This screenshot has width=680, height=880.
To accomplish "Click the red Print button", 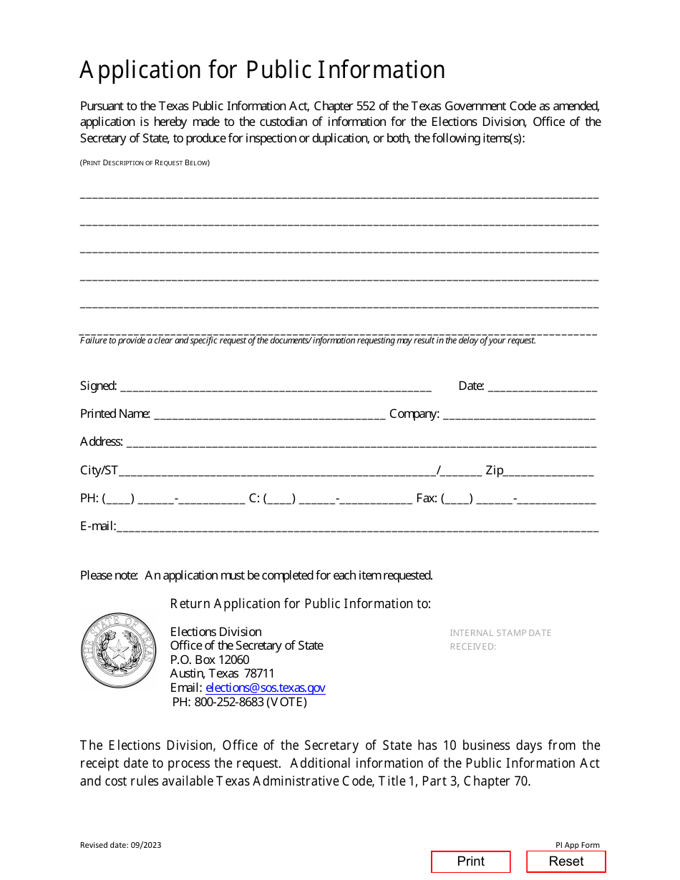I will [470, 861].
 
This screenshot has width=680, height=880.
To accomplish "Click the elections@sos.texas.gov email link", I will [265, 688].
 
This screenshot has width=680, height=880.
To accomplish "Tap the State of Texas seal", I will [118, 650].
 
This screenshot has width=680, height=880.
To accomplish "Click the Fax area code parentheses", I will [457, 499].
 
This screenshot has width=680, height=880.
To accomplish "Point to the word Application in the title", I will [140, 70].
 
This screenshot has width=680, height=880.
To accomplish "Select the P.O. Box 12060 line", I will [210, 660].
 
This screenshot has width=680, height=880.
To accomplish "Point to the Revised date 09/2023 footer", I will [120, 845].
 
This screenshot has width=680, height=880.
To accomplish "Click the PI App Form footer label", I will [577, 845].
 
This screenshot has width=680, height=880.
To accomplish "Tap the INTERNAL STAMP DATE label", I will [500, 633].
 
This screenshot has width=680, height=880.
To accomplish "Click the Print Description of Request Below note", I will [145, 163].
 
